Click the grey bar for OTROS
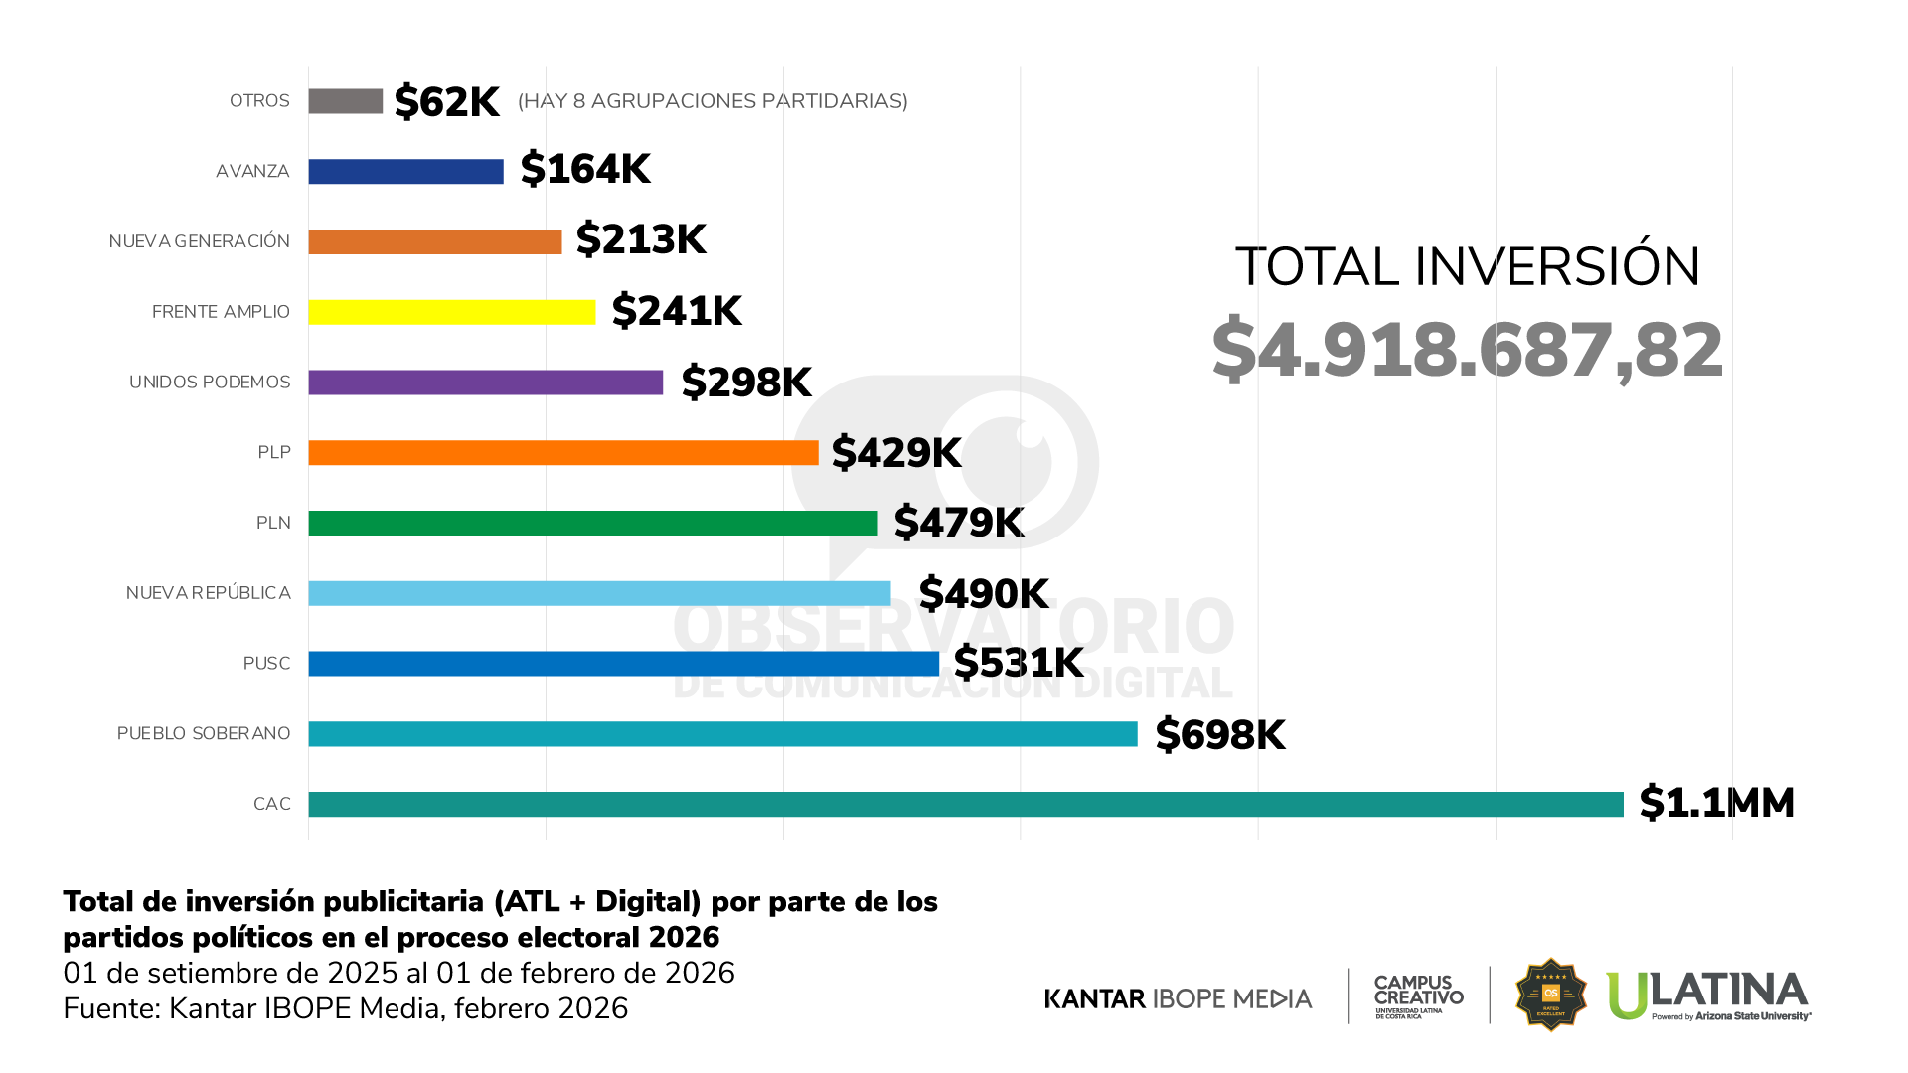345,101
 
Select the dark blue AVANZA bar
405,172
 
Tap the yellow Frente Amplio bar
451,312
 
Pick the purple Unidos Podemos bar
485,383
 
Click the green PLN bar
592,523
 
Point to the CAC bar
965,804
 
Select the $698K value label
1219,735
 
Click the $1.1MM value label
1716,803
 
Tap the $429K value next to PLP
895,453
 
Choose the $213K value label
641,239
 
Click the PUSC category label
266,664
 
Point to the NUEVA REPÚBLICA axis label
208,593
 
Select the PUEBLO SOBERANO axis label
204,734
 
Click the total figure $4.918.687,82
1467,350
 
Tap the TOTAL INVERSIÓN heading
1467,267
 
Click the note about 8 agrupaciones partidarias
713,101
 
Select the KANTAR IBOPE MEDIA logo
1178,998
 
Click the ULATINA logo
1708,996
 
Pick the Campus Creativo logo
1418,996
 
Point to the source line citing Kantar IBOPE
345,1008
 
